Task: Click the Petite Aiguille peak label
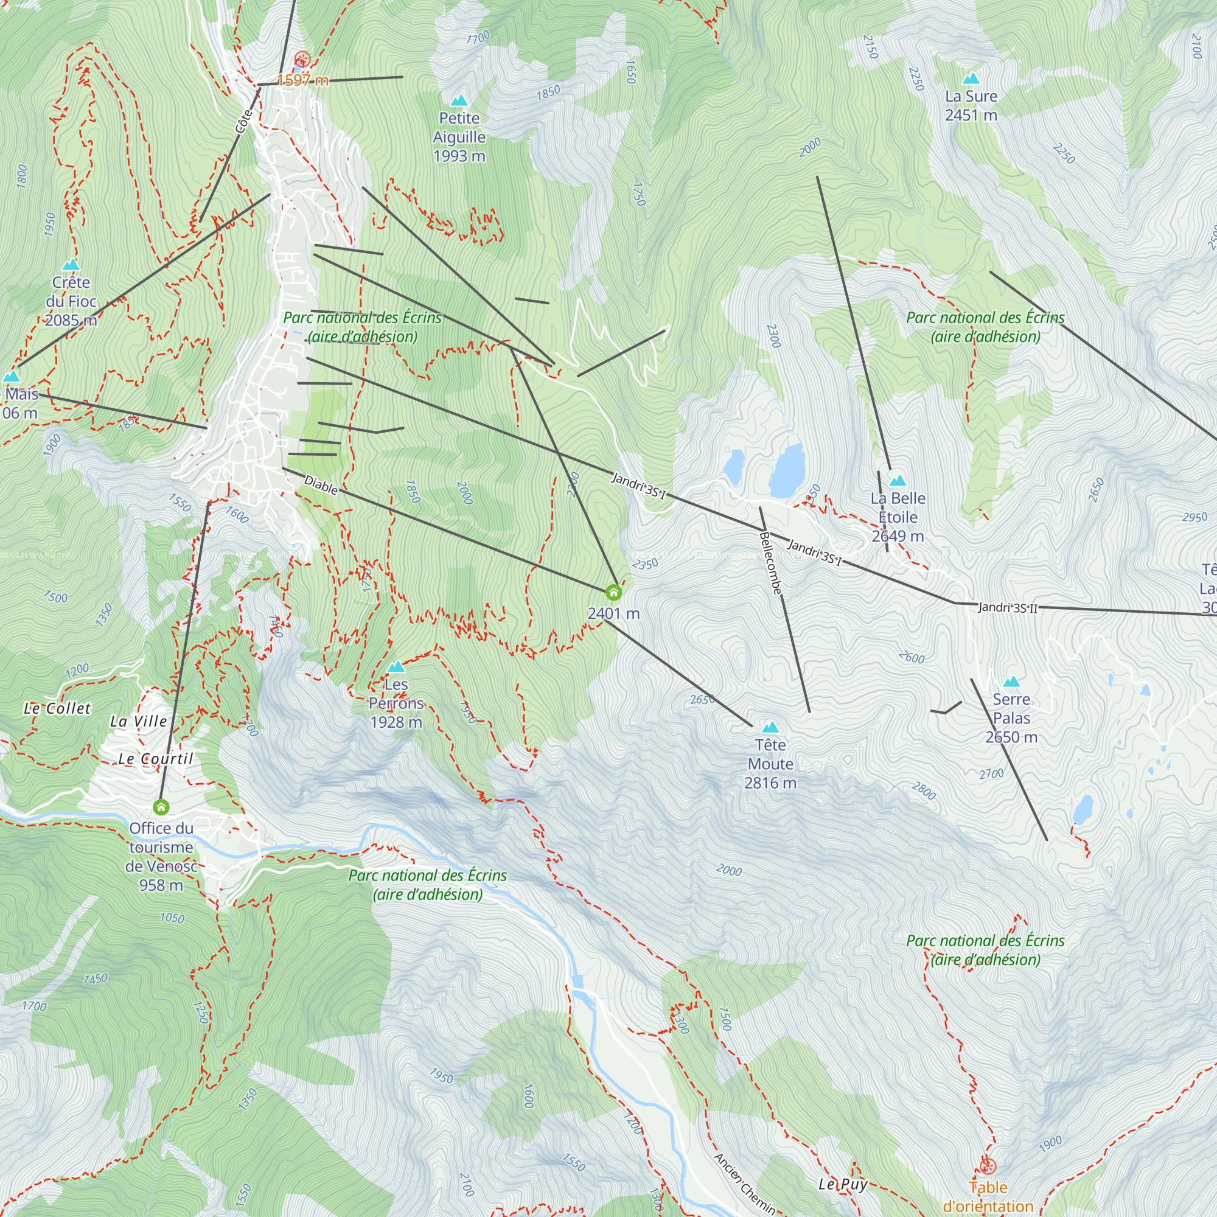click(x=459, y=137)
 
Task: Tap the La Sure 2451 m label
click(x=971, y=105)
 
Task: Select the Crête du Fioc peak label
click(x=71, y=301)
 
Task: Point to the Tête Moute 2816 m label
click(x=770, y=764)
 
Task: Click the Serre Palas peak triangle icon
click(x=1011, y=682)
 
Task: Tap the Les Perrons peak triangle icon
click(x=396, y=667)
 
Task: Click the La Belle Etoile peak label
click(x=898, y=517)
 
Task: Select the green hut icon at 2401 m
click(x=613, y=592)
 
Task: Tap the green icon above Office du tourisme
click(x=161, y=807)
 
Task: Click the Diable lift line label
click(x=321, y=485)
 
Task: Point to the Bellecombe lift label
click(x=770, y=563)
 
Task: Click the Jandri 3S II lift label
click(x=1007, y=608)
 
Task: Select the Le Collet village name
click(x=57, y=709)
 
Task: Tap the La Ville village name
click(x=139, y=721)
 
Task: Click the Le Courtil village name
click(x=156, y=759)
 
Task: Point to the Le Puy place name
click(x=843, y=1185)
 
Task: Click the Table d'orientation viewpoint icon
click(x=988, y=1166)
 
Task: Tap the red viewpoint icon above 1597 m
click(x=302, y=60)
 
